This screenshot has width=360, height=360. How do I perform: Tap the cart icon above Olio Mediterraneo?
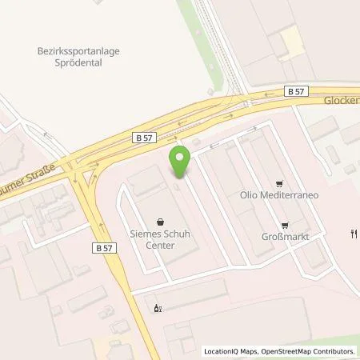pyautogui.click(x=278, y=182)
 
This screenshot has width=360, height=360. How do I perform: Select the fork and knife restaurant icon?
pyautogui.click(x=351, y=234)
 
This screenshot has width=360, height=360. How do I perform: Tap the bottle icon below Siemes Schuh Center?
pyautogui.click(x=157, y=308)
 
